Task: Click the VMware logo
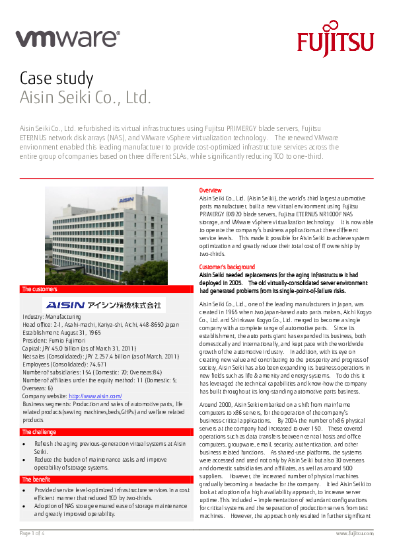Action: coord(68,39)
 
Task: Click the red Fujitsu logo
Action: coord(335,41)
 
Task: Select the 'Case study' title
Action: coord(56,78)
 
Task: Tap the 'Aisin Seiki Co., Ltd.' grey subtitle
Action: coord(86,99)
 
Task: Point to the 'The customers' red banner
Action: coord(106,290)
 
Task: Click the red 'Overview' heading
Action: coord(211,191)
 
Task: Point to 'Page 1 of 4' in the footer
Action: coord(32,533)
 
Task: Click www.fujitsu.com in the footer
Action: coord(355,533)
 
